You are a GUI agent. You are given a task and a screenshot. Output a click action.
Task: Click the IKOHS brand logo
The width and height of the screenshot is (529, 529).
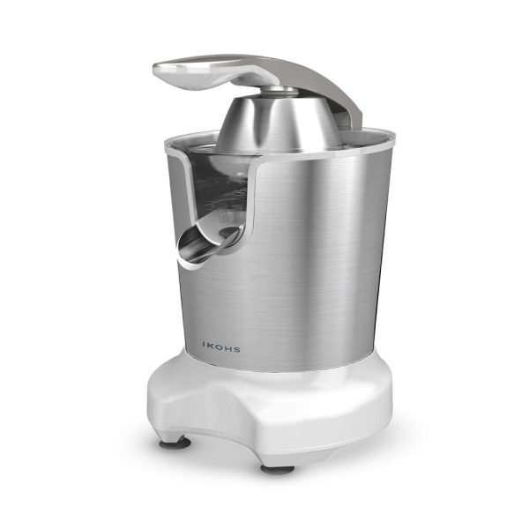pyautogui.click(x=221, y=346)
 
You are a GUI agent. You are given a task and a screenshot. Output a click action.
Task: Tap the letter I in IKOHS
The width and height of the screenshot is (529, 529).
pyautogui.click(x=204, y=344)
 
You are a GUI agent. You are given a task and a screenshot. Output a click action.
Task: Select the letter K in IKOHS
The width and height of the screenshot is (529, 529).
pyautogui.click(x=210, y=345)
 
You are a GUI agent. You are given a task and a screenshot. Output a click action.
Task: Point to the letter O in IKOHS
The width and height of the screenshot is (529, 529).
pyautogui.click(x=219, y=346)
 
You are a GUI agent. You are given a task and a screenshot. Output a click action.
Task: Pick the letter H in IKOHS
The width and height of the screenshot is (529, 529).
pyautogui.click(x=228, y=348)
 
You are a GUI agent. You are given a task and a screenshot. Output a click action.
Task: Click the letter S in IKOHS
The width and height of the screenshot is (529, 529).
pyautogui.click(x=237, y=349)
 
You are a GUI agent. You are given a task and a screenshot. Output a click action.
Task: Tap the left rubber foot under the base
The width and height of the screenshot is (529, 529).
pyautogui.click(x=175, y=443)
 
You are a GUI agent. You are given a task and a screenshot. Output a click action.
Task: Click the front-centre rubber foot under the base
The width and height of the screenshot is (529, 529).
pyautogui.click(x=278, y=469)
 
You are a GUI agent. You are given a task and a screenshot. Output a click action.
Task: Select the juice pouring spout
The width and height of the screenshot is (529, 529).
pyautogui.click(x=206, y=243)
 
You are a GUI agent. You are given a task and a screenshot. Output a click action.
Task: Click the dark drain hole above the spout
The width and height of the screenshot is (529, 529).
pyautogui.click(x=229, y=231)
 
